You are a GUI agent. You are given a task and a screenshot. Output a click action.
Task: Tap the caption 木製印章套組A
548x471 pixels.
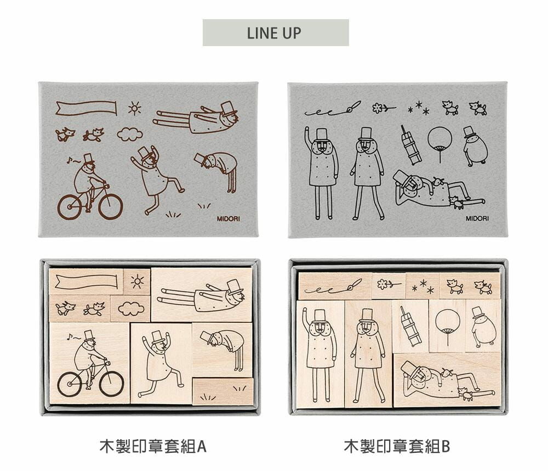coord(153,446)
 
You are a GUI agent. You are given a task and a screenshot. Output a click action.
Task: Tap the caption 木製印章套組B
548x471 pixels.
coord(397,446)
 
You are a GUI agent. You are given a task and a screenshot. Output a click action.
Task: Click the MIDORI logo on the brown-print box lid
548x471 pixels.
coord(228,218)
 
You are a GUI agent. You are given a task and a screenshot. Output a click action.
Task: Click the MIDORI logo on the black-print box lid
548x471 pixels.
coord(477,218)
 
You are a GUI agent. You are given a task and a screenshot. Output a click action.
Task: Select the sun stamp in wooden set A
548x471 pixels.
coord(137,282)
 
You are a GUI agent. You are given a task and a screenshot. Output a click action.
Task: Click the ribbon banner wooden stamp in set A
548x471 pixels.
coord(87,282)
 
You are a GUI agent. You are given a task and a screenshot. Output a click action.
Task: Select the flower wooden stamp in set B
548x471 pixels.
coord(389,286)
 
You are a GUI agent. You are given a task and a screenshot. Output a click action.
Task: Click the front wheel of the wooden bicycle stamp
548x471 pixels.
coord(111,384)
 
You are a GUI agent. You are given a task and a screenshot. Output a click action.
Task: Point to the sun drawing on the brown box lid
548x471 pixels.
coord(135,108)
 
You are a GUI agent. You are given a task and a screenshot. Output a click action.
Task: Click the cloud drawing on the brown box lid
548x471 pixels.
coord(130,134)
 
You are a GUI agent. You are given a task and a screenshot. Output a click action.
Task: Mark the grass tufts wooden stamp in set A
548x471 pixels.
coord(223,391)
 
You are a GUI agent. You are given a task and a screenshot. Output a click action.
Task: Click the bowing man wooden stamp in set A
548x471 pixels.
coord(222,350)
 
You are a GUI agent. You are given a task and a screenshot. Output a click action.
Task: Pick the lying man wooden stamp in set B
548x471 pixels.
coord(447,380)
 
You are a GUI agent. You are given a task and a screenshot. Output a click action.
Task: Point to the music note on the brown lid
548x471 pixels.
coord(69,160)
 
